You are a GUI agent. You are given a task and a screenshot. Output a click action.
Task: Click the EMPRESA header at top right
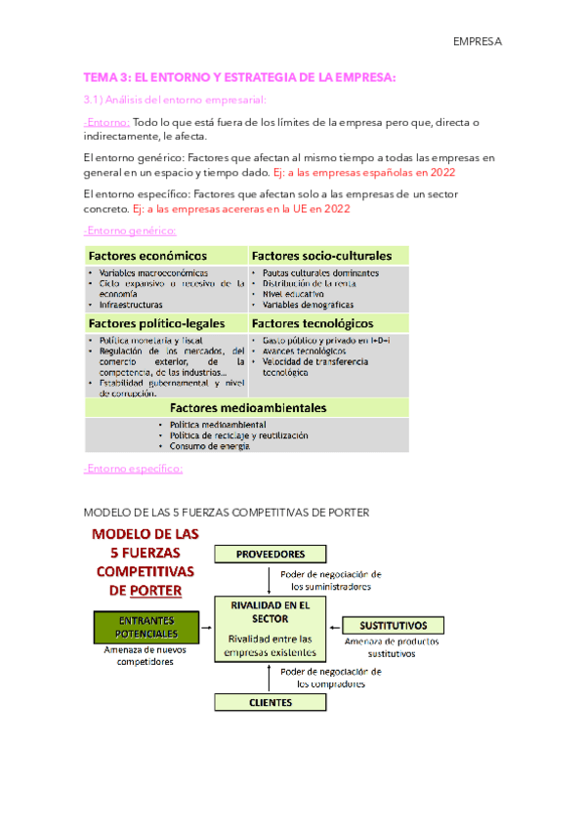click(477, 42)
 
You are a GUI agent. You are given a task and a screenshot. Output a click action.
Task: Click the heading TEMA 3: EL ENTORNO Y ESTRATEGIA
click(240, 78)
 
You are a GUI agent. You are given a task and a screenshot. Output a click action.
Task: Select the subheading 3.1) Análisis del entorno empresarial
click(175, 100)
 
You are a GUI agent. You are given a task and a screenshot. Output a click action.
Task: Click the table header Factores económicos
click(147, 255)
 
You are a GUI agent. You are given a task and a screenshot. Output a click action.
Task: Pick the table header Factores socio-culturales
click(321, 255)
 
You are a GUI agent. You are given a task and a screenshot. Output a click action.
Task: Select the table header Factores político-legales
click(157, 322)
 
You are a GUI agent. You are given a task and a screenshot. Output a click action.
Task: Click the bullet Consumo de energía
click(209, 446)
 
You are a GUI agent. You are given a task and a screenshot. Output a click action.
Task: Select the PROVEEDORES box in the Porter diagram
click(265, 554)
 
